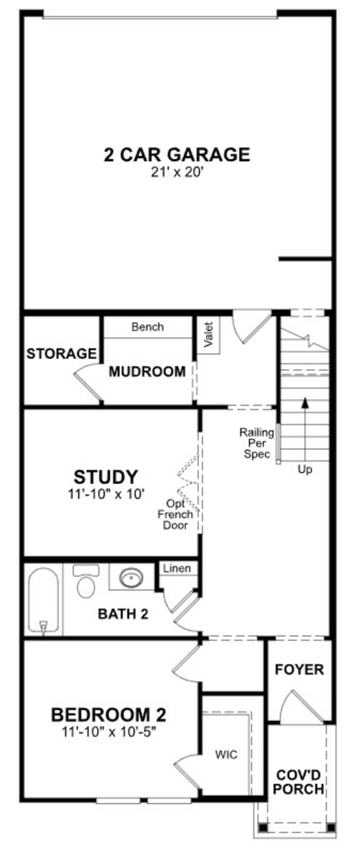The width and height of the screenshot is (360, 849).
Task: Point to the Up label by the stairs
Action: (x=305, y=469)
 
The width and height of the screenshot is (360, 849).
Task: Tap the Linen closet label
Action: (x=177, y=569)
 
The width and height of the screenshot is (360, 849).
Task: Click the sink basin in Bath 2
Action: (x=131, y=577)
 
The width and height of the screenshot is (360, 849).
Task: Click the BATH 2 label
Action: (x=123, y=614)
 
